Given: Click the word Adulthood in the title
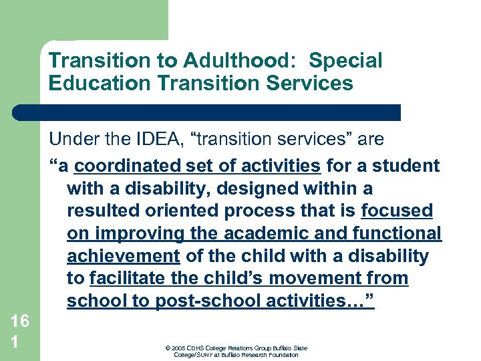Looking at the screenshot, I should (236, 61).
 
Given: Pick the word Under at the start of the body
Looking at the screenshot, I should (72, 139).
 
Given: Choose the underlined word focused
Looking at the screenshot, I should (397, 211).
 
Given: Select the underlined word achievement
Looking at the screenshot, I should (124, 257).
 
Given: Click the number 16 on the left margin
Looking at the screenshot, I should (19, 321).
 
